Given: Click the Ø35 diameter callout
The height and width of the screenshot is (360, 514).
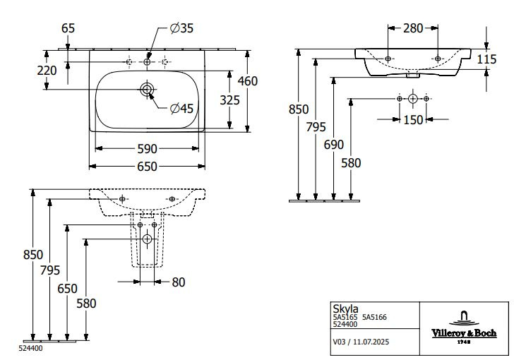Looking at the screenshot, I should (182, 28).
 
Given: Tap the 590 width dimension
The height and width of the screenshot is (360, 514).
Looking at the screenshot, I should (146, 149).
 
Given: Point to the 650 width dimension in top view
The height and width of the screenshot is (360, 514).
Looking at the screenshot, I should (146, 167).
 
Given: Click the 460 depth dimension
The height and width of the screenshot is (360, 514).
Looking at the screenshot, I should (247, 80).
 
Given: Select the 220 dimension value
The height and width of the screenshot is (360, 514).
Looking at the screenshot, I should (47, 71).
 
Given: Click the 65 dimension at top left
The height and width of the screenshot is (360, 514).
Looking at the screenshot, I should (68, 28).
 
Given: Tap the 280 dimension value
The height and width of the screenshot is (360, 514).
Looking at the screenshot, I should (413, 28).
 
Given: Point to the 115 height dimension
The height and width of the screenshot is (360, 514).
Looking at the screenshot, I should (486, 60).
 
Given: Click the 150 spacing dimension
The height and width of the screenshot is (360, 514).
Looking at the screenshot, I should (413, 120).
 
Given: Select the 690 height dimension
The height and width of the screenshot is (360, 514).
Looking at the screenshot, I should (334, 145).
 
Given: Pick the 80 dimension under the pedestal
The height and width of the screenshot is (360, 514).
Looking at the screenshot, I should (178, 282).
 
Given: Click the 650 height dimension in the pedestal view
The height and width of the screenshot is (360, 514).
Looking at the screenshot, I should (67, 289).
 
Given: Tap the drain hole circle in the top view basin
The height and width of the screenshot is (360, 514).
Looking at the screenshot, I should (147, 89).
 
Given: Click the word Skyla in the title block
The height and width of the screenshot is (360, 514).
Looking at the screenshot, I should (345, 308).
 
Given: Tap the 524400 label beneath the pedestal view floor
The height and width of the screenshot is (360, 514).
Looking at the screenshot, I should (29, 349).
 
